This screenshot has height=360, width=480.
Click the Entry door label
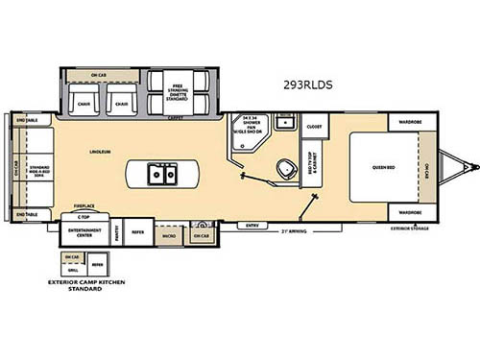tap(252, 226)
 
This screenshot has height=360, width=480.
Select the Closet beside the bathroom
tap(313, 127)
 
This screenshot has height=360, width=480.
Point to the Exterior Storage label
tap(410, 228)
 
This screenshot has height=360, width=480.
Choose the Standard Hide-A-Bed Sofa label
tap(40, 170)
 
